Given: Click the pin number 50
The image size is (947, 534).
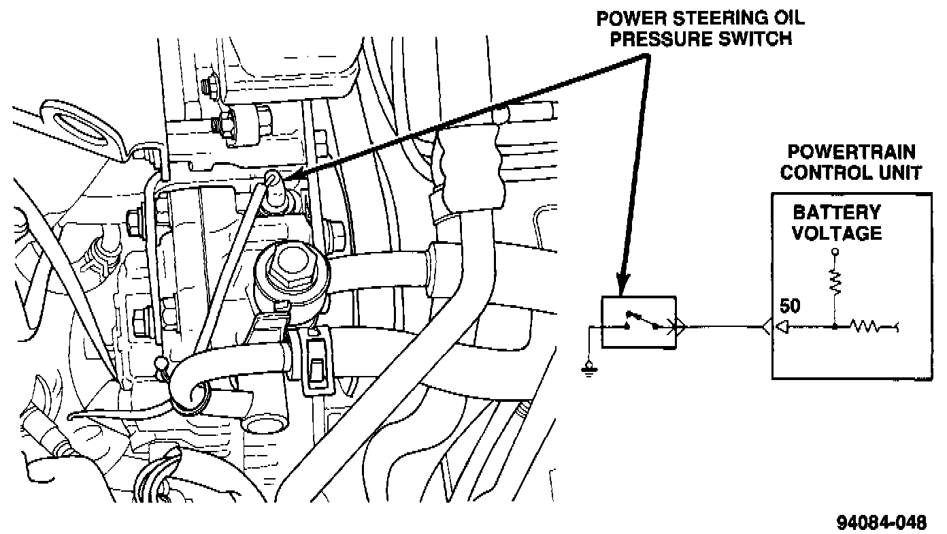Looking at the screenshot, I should tap(791, 307).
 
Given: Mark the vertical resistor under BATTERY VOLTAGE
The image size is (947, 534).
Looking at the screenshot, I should tap(835, 280).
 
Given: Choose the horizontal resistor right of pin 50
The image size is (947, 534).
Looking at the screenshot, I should tap(870, 327).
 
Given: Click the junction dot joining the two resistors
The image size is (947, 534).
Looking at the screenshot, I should tap(835, 327).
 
